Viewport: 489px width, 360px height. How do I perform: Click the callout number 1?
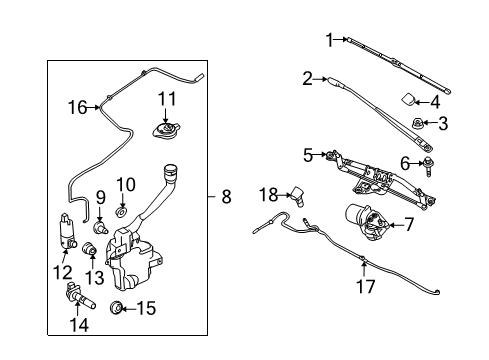coord(327,39)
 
